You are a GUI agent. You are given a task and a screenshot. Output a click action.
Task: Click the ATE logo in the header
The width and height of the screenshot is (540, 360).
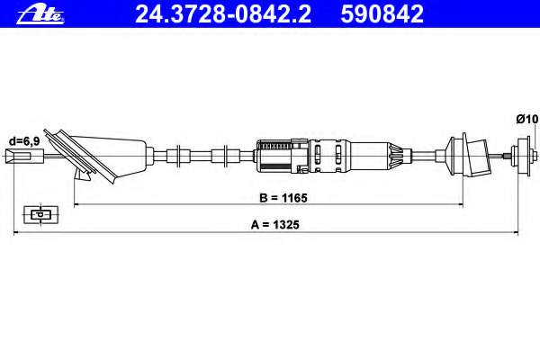pos(40,15)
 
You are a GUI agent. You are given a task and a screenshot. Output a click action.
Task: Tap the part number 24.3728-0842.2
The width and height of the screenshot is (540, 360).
pos(223,14)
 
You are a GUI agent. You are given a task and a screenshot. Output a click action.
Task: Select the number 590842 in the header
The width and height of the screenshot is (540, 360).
pos(382,14)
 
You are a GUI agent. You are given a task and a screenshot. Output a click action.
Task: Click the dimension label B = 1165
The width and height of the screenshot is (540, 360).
pos(283,198)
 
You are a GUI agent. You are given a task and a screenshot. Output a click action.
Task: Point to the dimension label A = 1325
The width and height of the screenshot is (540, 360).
pos(275,225)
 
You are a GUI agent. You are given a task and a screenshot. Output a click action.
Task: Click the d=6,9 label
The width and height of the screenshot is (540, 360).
pos(24,141)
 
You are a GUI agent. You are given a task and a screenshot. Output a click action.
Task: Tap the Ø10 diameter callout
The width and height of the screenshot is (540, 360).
pos(526,119)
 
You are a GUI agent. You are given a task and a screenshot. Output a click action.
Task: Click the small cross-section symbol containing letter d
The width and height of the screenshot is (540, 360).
pos(41,214)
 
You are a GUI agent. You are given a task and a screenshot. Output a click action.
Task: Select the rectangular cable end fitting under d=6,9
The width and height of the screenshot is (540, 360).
pos(25,156)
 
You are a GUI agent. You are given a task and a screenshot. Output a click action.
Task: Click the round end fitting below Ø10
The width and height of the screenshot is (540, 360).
pos(524,156)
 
